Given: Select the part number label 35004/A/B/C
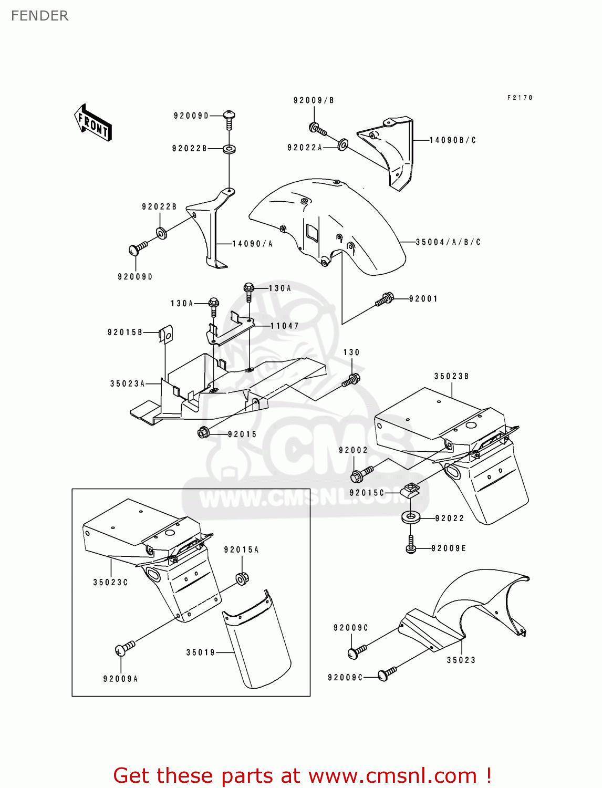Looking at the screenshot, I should tap(448, 242).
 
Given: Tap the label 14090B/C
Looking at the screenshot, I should tap(453, 140).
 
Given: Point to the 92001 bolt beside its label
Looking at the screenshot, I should tap(385, 299).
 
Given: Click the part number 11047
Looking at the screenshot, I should tap(285, 326).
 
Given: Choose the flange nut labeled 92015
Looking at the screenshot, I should tap(204, 432).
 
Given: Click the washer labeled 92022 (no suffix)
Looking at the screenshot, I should tap(411, 517).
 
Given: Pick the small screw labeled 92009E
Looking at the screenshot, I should tap(411, 545).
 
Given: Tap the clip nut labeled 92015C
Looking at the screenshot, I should tap(411, 491).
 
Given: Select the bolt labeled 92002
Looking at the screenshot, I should tap(361, 474).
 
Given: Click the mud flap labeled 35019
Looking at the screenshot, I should tap(257, 641).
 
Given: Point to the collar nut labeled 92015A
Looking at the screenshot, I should tap(242, 578).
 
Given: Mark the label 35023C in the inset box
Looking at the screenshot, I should tap(110, 582).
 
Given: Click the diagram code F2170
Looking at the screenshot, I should tap(520, 98).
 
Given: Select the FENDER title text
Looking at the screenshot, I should tap(39, 16).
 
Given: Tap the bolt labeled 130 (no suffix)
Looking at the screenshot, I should tap(351, 380).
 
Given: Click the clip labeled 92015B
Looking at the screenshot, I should tap(166, 334).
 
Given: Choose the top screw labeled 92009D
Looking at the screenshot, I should tap(229, 118).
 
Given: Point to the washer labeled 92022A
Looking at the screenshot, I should tap(342, 144).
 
